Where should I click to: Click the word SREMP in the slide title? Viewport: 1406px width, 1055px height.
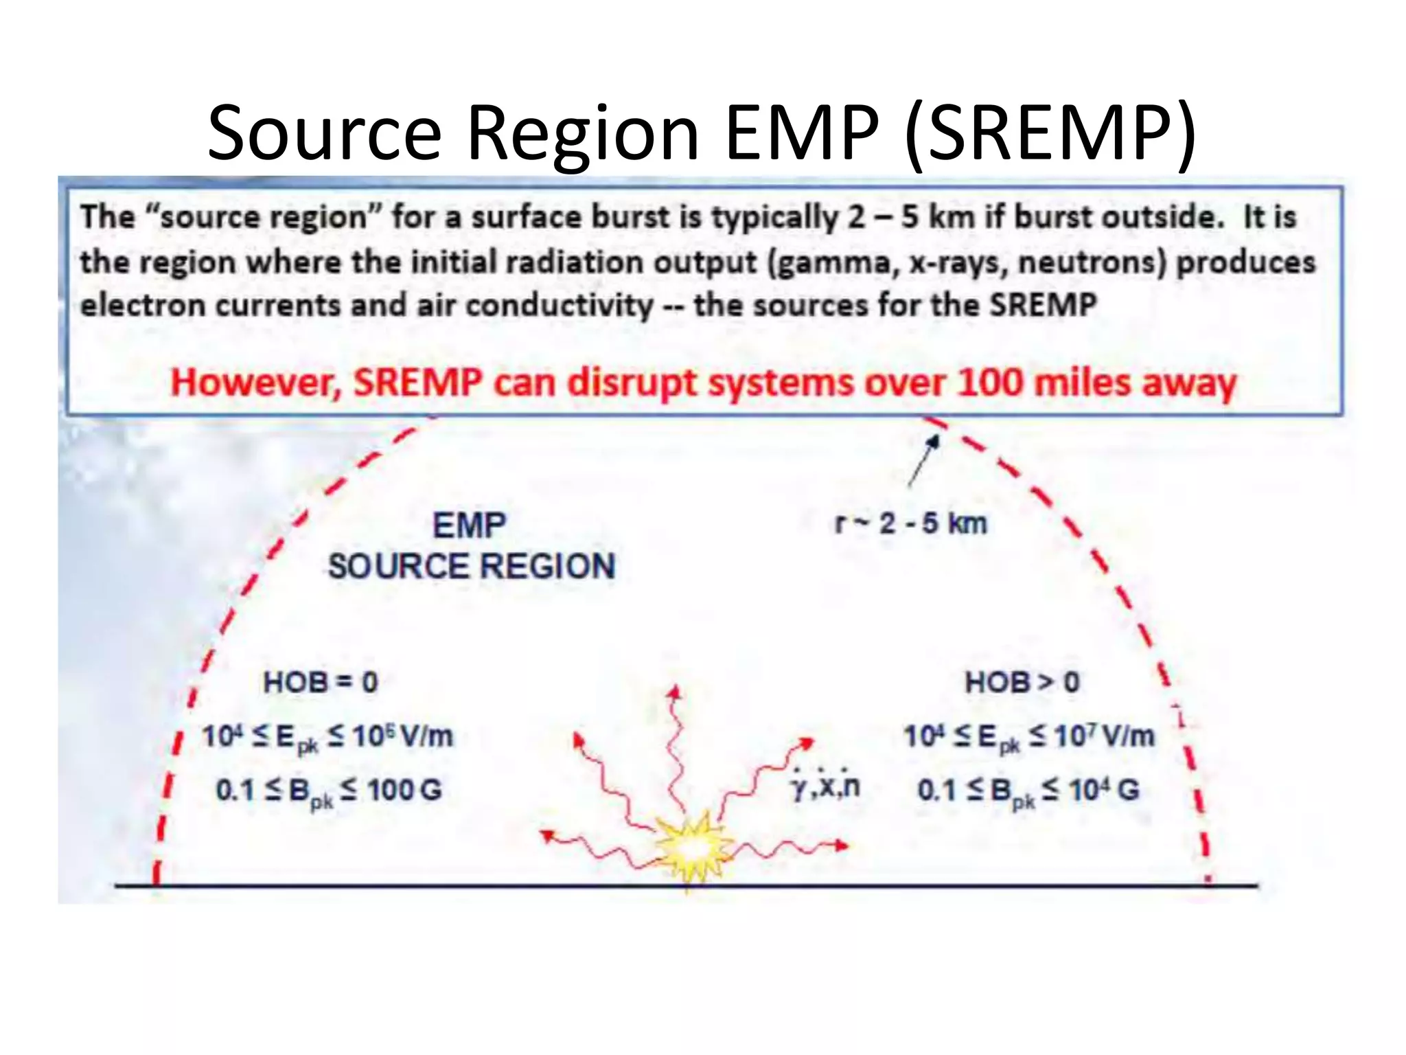click(x=1050, y=133)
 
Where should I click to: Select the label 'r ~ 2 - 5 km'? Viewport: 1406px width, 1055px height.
click(x=910, y=523)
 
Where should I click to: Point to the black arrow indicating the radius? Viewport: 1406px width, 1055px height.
click(x=923, y=461)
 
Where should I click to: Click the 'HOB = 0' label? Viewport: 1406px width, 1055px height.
click(x=321, y=682)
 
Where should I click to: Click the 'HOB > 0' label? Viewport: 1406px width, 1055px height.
click(x=1022, y=682)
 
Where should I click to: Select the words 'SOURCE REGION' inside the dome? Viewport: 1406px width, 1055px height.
click(x=471, y=567)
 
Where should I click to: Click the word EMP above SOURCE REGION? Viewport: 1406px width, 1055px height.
click(x=470, y=526)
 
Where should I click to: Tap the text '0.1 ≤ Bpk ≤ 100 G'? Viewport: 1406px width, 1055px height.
click(x=329, y=791)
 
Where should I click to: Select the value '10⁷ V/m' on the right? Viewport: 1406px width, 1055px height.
click(x=1105, y=736)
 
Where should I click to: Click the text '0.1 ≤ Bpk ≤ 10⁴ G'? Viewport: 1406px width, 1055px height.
click(x=1028, y=791)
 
